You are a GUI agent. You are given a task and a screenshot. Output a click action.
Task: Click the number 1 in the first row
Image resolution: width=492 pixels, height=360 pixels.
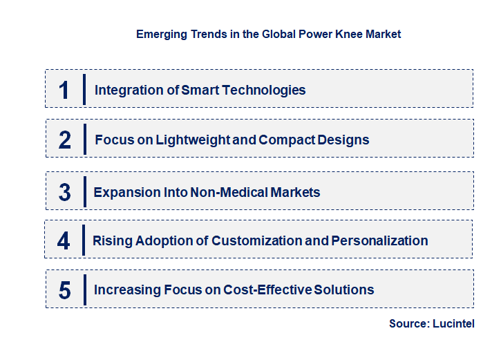(64, 90)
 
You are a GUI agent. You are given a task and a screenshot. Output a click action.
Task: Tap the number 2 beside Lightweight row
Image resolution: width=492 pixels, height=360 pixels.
(65, 140)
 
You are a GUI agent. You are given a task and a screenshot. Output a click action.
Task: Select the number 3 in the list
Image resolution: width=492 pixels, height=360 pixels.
(64, 192)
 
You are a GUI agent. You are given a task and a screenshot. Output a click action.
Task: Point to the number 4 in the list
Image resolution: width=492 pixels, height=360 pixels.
(64, 240)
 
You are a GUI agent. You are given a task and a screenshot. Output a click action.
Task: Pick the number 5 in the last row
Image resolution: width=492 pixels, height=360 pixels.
(64, 290)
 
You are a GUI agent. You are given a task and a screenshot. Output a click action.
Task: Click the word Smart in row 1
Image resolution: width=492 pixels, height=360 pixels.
(199, 90)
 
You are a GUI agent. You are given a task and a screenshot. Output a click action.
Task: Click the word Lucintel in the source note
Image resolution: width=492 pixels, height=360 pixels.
(453, 323)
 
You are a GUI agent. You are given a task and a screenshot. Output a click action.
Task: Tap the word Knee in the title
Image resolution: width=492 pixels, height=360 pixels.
(344, 33)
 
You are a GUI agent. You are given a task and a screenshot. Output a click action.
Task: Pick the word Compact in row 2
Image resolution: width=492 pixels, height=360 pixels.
(284, 140)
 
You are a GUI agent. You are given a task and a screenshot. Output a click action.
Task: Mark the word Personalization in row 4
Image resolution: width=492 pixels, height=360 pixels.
(379, 240)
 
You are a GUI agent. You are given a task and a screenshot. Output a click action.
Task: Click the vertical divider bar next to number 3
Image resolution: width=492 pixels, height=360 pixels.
(84, 191)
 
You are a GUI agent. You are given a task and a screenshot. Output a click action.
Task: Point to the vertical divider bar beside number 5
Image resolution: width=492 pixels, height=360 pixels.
(84, 290)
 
